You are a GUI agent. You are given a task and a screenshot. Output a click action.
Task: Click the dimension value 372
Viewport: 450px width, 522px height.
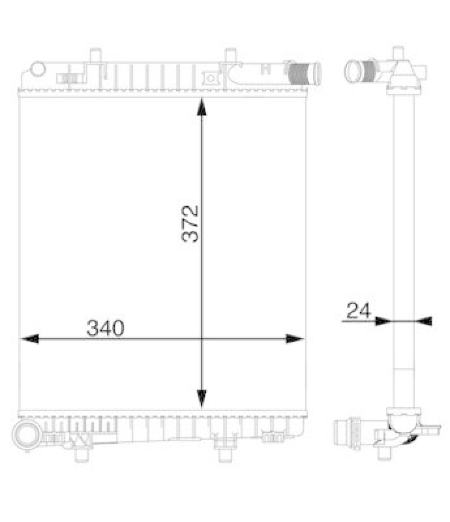click(190, 224)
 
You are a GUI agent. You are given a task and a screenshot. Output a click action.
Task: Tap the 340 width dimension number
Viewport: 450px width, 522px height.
click(105, 329)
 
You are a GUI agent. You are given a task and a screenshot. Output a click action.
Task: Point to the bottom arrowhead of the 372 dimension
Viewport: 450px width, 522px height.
click(202, 398)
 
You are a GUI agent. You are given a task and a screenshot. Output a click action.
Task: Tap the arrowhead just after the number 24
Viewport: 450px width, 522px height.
click(382, 320)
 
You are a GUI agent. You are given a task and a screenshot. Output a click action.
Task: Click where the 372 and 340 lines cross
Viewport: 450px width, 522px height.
click(202, 339)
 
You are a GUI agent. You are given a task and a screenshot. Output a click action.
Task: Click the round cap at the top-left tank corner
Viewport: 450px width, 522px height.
click(37, 69)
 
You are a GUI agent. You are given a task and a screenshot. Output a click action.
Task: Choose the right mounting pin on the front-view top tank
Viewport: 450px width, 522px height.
click(228, 57)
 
